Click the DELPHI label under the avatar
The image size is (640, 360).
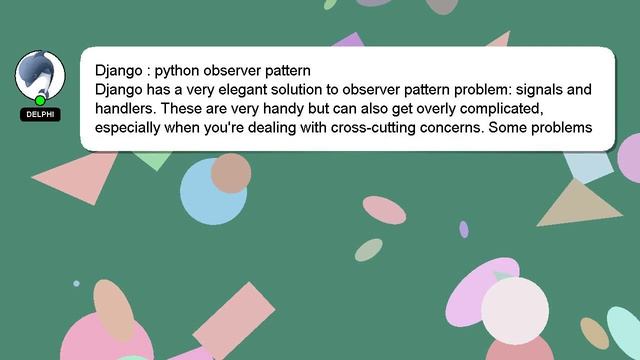click(40, 114)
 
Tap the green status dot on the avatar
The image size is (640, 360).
click(40, 100)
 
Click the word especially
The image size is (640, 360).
click(132, 127)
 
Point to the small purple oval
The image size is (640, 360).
click(464, 229)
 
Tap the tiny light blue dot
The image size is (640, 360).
click(76, 284)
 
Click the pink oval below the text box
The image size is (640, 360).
click(384, 209)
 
